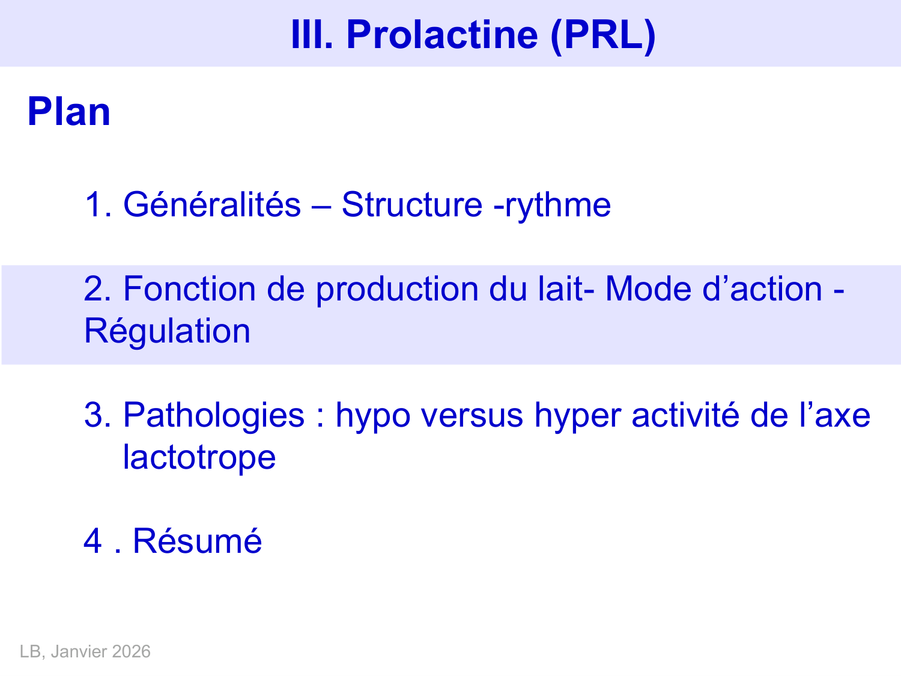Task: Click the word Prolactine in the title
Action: point(442,34)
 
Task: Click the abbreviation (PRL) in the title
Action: point(602,34)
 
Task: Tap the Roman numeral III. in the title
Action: point(312,34)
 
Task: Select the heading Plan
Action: point(69,112)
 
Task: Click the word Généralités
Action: point(211,205)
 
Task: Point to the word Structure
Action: point(411,205)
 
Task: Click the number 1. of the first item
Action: point(98,205)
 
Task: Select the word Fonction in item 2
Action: point(189,289)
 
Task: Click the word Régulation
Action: point(167,332)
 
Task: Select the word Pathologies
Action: point(214,416)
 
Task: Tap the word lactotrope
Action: point(199,458)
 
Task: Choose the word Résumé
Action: point(197,541)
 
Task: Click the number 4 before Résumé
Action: point(93,541)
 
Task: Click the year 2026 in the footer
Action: point(131,652)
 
